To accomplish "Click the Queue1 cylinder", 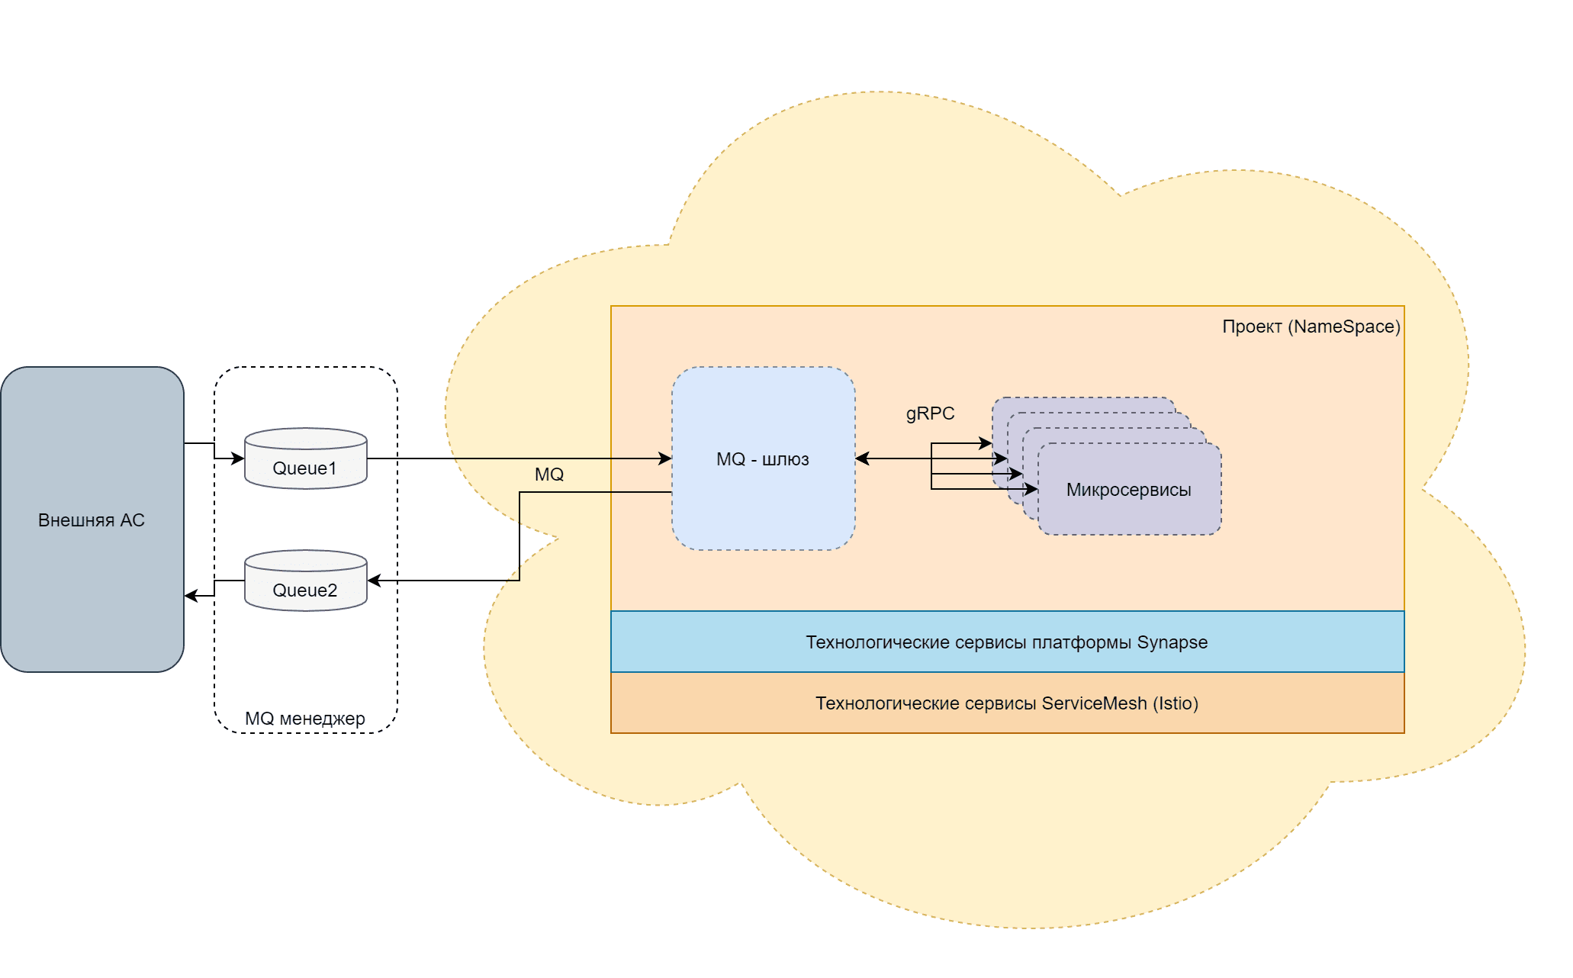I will [305, 459].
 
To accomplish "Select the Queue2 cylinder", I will [305, 581].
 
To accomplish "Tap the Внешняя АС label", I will [92, 520].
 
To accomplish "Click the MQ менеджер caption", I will [305, 719].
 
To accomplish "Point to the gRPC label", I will [930, 413].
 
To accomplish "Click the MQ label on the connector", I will [549, 475].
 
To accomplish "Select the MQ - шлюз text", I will [763, 459].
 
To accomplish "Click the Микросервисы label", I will [1128, 490].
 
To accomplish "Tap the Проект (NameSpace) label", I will [1311, 327].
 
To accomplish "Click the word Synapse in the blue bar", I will [1172, 642].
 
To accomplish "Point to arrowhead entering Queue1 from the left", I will [238, 458].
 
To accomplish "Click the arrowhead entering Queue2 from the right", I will [374, 581].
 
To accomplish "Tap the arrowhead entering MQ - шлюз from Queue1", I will [665, 458].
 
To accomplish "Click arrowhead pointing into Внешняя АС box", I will [191, 596].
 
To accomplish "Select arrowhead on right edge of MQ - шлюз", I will [862, 458].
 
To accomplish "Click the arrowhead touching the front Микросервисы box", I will [1031, 489].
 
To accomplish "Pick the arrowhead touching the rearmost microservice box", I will [986, 443].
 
